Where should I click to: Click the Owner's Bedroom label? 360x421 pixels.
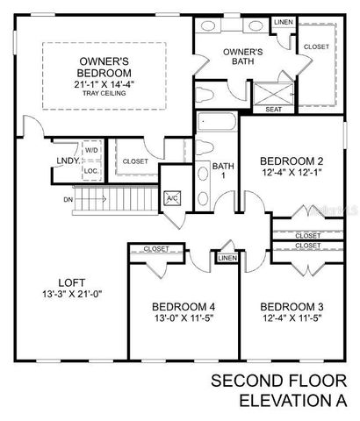99,67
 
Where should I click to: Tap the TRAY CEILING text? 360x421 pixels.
99,93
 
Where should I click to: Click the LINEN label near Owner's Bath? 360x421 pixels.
283,21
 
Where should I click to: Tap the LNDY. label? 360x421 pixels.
67,161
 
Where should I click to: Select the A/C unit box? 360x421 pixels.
172,197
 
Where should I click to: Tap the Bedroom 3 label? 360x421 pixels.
292,306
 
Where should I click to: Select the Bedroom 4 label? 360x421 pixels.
184,306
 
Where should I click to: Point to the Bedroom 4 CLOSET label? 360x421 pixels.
155,249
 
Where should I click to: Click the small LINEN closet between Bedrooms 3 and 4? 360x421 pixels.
227,258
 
